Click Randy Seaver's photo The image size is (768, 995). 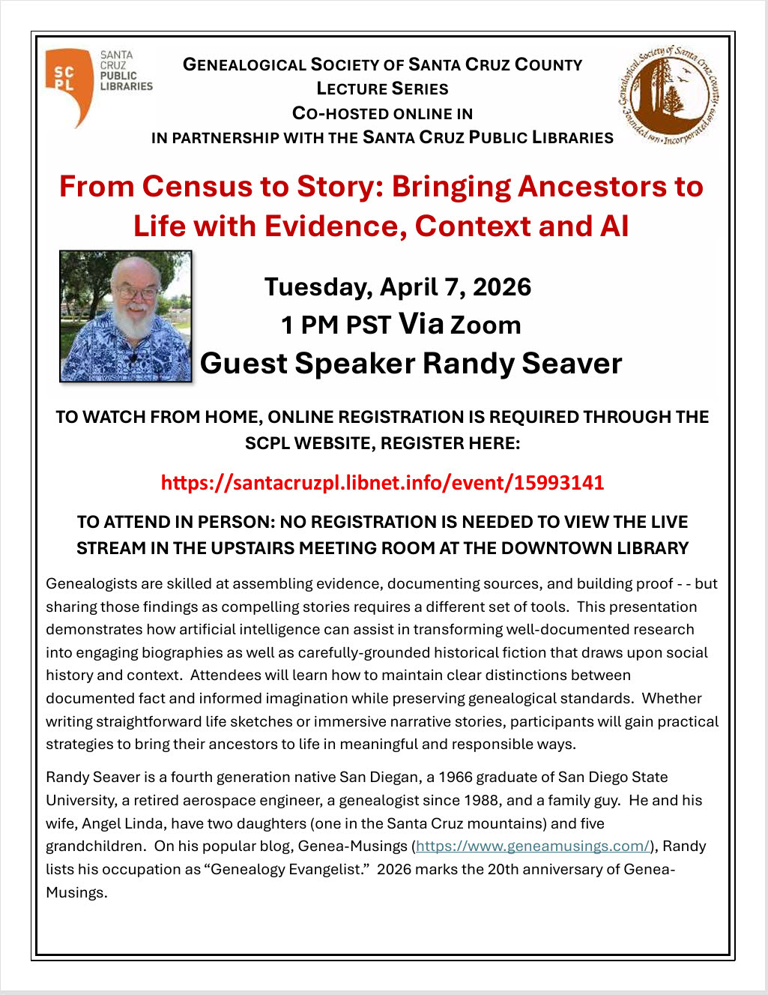tap(126, 316)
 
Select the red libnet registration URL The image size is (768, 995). tap(382, 482)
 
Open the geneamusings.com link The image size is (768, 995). tap(533, 846)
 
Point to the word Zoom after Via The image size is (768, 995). tap(485, 325)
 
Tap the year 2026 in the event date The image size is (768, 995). tap(502, 286)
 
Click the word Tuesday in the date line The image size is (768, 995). tap(317, 286)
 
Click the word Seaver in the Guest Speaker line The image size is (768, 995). tap(572, 363)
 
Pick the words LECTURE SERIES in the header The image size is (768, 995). tap(382, 88)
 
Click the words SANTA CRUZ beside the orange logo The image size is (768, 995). tap(117, 60)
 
